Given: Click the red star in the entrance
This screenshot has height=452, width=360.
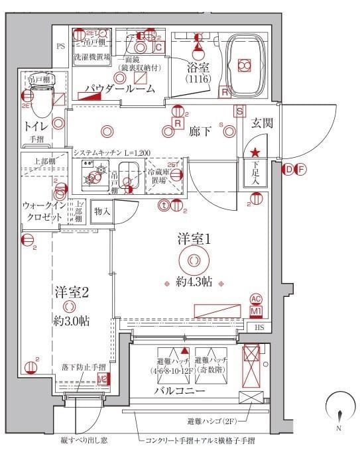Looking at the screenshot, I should [x=255, y=153].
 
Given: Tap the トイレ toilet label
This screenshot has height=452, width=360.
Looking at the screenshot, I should [x=34, y=125].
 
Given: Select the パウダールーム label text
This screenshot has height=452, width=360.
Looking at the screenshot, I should [x=128, y=88].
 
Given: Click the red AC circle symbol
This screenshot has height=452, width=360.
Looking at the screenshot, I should [x=256, y=300].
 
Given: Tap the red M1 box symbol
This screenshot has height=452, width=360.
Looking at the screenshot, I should [x=256, y=311].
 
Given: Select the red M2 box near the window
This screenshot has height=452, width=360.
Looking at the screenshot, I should [x=102, y=379].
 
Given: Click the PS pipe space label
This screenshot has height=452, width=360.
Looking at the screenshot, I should [x=60, y=46].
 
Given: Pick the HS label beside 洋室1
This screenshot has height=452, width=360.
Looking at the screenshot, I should [x=260, y=327].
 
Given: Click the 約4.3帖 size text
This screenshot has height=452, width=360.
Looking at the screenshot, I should [x=194, y=282].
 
